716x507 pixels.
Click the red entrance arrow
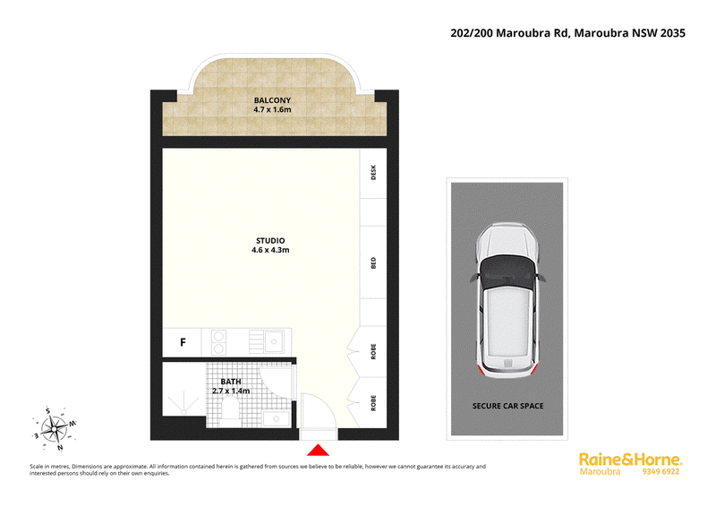[x=319, y=451]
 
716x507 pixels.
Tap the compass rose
[x=55, y=429]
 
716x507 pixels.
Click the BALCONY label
[x=272, y=100]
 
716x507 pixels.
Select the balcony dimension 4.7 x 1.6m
[x=272, y=109]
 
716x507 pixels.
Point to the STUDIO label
[x=270, y=240]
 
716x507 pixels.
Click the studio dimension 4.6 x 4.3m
[x=270, y=250]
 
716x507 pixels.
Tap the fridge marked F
[x=183, y=342]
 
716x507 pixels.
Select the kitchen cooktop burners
[x=218, y=342]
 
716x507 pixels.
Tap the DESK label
[x=373, y=172]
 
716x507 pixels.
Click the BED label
[x=373, y=262]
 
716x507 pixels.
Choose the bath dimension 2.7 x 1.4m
[x=231, y=391]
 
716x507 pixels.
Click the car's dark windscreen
[x=507, y=272]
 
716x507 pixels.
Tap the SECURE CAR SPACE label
[x=507, y=406]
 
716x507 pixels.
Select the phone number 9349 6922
[x=661, y=471]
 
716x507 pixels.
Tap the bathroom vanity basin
[x=275, y=418]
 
